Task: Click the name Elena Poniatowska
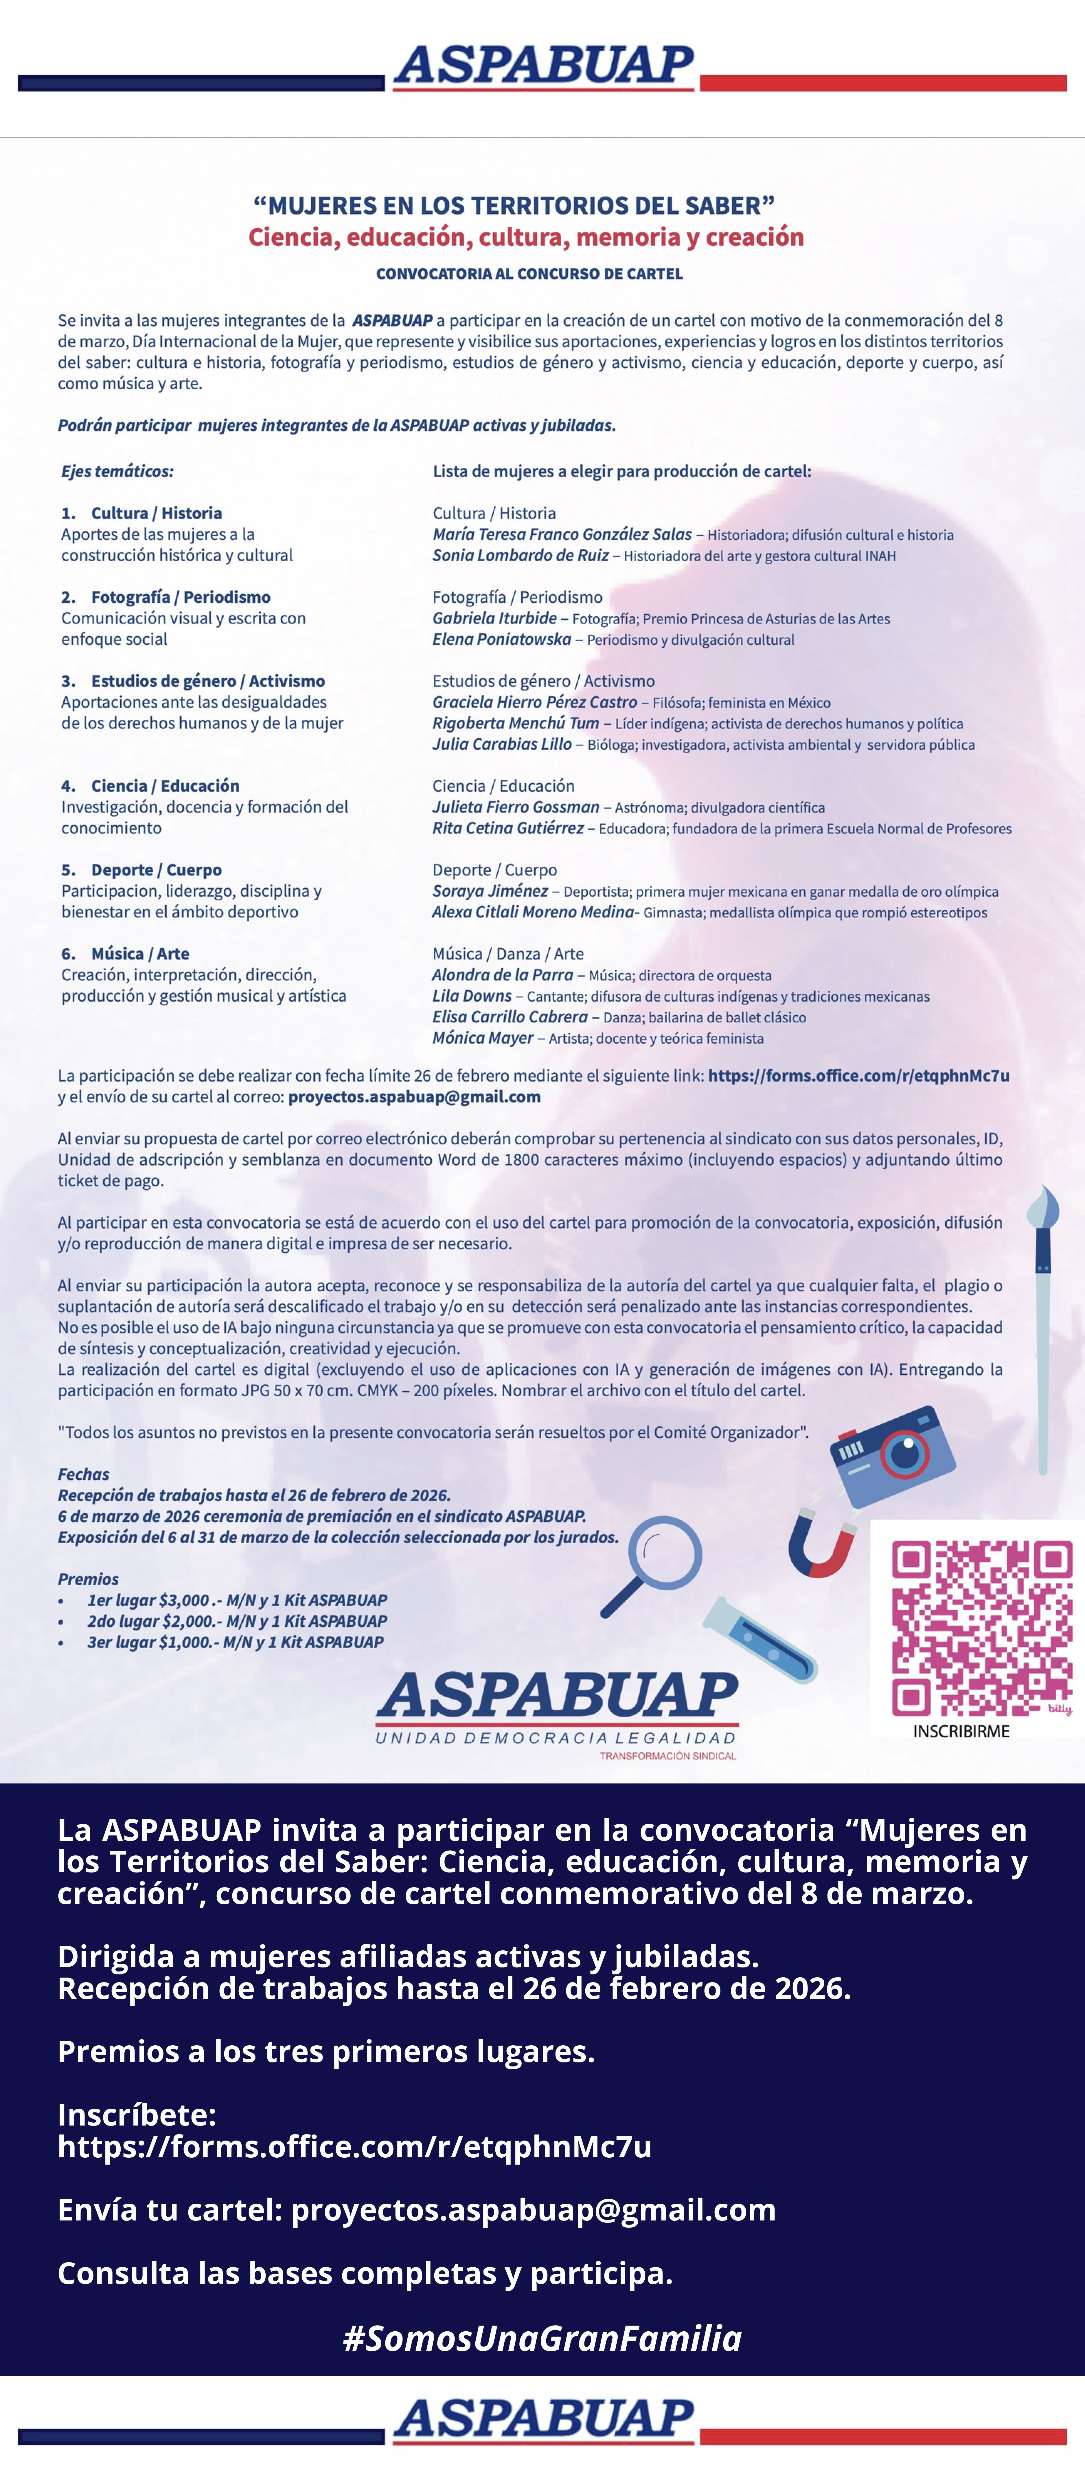(x=501, y=639)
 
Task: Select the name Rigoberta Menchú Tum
(x=515, y=723)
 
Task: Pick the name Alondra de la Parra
(x=502, y=974)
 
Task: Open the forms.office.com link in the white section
(x=858, y=1075)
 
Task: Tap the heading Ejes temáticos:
(x=117, y=471)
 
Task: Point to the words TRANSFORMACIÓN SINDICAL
(x=667, y=1756)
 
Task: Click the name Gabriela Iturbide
(x=494, y=618)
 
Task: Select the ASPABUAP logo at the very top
(x=543, y=67)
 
